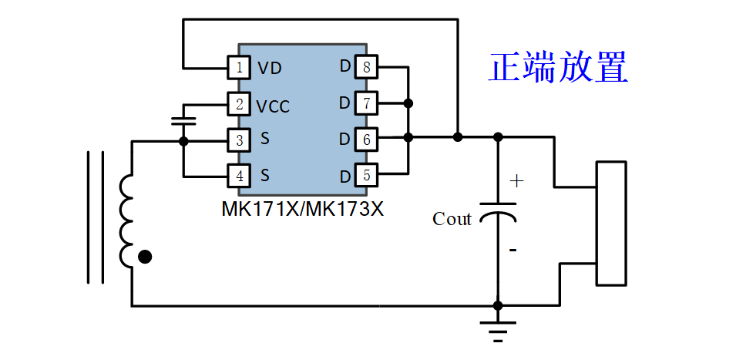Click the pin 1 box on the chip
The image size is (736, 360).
240,68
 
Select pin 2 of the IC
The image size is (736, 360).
240,104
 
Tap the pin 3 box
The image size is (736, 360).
240,140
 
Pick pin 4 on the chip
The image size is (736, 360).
240,176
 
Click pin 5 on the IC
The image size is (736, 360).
367,175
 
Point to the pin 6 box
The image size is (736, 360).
367,139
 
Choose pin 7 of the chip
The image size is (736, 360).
367,103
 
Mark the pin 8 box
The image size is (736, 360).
367,67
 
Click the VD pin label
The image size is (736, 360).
270,69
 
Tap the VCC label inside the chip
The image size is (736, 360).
273,107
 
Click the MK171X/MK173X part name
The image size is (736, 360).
303,210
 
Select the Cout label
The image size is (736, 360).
452,219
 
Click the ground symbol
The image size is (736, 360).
498,331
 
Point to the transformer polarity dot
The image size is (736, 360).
145,257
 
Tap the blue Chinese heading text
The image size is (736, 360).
558,68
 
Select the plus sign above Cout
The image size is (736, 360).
516,181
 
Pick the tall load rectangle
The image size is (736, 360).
611,223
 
